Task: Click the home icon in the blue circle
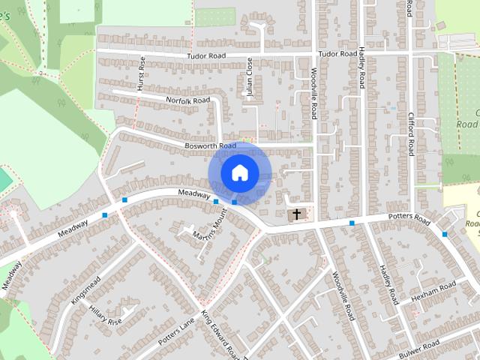pos(239,173)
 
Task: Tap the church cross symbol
pos(297,214)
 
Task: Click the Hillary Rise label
pos(105,316)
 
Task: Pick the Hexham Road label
pos(433,289)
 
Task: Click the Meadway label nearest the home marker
pos(193,194)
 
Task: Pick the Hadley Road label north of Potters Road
pos(361,68)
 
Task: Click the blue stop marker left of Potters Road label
pos(351,223)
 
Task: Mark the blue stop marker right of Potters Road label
pos(445,234)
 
